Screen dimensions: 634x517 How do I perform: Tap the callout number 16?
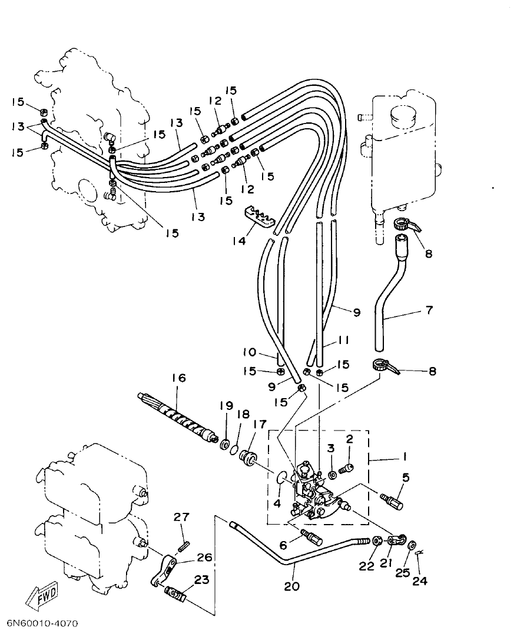pos(178,378)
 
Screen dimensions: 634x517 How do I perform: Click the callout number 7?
pos(429,309)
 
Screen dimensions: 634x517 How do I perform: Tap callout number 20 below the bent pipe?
pos(292,586)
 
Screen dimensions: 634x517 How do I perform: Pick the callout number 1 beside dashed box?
pos(405,456)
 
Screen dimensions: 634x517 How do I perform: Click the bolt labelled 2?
pos(348,468)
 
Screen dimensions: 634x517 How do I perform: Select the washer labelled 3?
pos(333,473)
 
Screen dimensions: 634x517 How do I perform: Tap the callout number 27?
pos(181,518)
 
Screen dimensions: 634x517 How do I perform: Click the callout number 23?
pos(201,580)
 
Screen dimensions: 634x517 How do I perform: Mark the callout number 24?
pos(419,582)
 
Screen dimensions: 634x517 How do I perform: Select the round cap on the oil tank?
pos(403,115)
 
